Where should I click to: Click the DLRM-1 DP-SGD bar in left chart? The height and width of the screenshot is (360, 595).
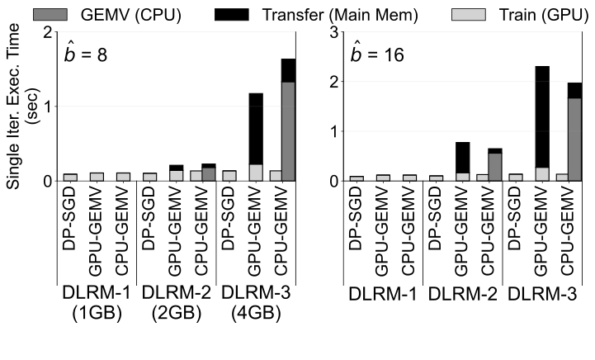(70, 177)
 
